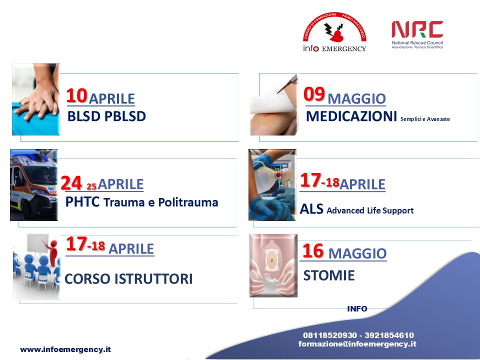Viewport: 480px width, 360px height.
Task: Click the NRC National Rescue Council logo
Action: pyautogui.click(x=417, y=34)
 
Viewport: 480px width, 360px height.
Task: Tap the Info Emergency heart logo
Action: pyautogui.click(x=334, y=32)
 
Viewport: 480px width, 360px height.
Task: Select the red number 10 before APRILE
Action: pyautogui.click(x=77, y=95)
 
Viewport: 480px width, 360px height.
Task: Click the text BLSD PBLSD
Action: pyautogui.click(x=106, y=116)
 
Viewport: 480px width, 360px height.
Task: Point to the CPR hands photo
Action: pyautogui.click(x=36, y=99)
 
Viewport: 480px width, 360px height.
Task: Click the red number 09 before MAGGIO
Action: pyautogui.click(x=314, y=93)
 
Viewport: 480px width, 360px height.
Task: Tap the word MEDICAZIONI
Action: pyautogui.click(x=351, y=116)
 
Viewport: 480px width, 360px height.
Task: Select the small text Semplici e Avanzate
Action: pyautogui.click(x=425, y=119)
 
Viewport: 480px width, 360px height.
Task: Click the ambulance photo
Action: pyautogui.click(x=33, y=185)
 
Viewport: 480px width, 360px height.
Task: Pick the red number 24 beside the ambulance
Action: pyautogui.click(x=71, y=183)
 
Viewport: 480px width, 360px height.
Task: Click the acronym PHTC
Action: pyautogui.click(x=82, y=202)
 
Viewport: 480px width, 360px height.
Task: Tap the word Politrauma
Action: pyautogui.click(x=188, y=202)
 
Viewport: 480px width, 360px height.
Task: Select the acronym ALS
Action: pyautogui.click(x=311, y=209)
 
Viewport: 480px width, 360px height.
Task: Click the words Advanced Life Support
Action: pyautogui.click(x=370, y=210)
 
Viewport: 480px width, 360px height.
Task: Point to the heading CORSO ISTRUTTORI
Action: pyautogui.click(x=128, y=279)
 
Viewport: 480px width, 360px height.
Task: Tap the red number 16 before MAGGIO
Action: pyautogui.click(x=313, y=251)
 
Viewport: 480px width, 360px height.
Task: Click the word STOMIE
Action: pyautogui.click(x=329, y=275)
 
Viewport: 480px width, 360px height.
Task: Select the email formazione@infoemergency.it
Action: pyautogui.click(x=357, y=344)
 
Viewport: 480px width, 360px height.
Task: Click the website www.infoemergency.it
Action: pyautogui.click(x=65, y=349)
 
